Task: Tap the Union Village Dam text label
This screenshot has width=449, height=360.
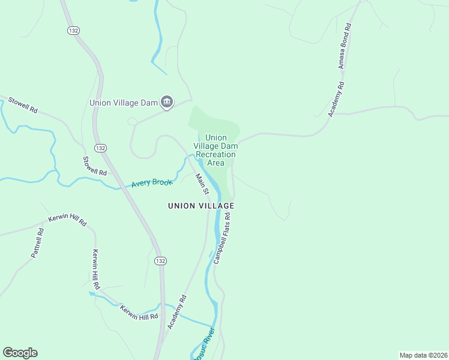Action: tap(123, 103)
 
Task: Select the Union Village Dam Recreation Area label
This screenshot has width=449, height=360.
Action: tap(216, 150)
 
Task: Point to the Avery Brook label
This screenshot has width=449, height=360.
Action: tap(152, 182)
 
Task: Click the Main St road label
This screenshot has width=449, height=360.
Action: tap(202, 184)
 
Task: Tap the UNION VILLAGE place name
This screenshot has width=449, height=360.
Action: tap(200, 206)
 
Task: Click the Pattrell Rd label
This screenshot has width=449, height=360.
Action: tap(37, 243)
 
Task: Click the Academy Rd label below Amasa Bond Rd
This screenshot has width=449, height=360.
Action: tap(337, 99)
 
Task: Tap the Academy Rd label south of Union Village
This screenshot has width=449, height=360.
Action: tap(177, 311)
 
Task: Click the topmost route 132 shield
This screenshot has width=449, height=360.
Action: tap(73, 31)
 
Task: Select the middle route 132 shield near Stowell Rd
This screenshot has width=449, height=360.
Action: tap(100, 148)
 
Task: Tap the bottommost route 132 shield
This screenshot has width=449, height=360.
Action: tap(160, 261)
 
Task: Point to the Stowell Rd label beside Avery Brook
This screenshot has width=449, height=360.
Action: tap(94, 166)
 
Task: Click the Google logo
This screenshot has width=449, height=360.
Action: tap(20, 353)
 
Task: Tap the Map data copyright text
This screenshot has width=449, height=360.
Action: tap(423, 355)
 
